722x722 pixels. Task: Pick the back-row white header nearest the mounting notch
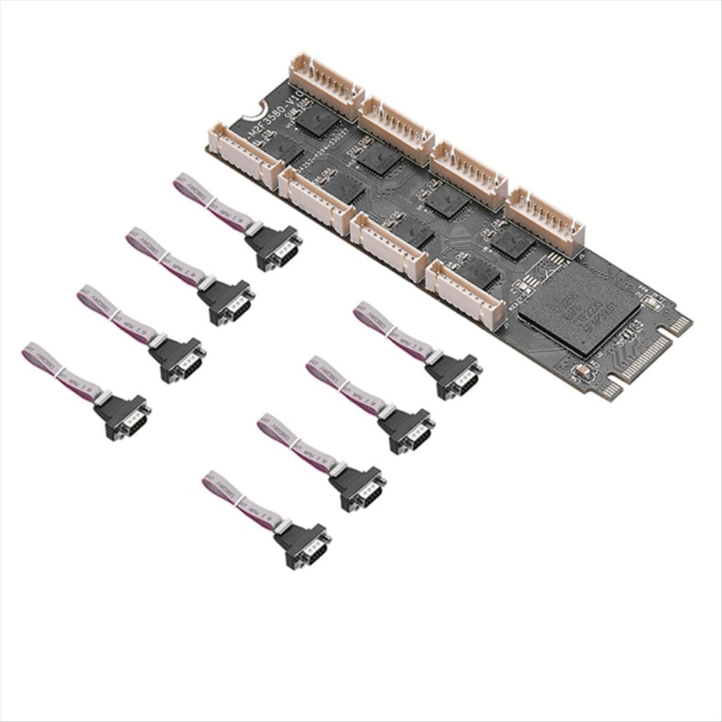point(326,85)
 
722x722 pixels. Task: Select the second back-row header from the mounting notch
point(397,130)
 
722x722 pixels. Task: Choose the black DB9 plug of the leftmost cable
point(122,417)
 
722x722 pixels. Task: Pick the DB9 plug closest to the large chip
point(453,375)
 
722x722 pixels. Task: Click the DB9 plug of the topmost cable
point(273,247)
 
